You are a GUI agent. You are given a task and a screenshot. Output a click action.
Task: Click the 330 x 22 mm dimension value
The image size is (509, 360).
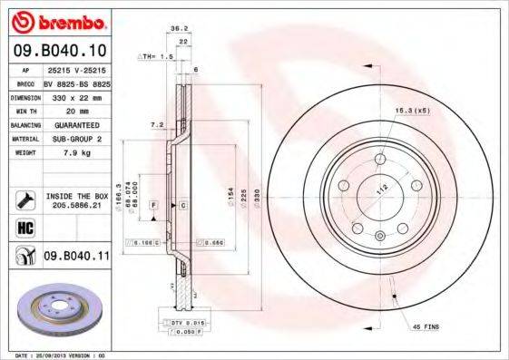(x=75, y=96)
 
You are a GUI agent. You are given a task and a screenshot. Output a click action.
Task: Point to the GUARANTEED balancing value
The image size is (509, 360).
(x=75, y=124)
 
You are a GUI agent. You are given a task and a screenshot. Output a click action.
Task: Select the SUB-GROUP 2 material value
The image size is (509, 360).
(x=75, y=139)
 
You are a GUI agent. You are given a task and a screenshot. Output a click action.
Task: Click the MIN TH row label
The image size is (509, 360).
(x=24, y=111)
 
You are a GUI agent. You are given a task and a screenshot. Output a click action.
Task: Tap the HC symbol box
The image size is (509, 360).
(x=24, y=228)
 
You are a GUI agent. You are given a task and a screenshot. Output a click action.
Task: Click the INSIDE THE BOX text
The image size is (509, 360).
(x=76, y=196)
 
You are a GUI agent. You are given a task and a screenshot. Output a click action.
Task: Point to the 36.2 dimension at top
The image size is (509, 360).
(x=179, y=28)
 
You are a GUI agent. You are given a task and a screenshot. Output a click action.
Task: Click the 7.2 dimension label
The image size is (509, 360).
(x=155, y=124)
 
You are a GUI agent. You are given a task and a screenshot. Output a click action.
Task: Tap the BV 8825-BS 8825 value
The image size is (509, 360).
(x=75, y=83)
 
